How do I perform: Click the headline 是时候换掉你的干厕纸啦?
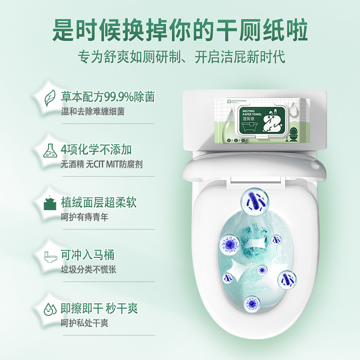coord(180,30)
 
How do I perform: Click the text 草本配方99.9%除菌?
coord(108,96)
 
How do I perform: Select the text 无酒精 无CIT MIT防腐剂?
coord(102,164)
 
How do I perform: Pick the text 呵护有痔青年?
coord(85,217)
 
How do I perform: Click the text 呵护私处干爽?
coord(85,323)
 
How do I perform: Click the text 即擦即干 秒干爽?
coord(99,308)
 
